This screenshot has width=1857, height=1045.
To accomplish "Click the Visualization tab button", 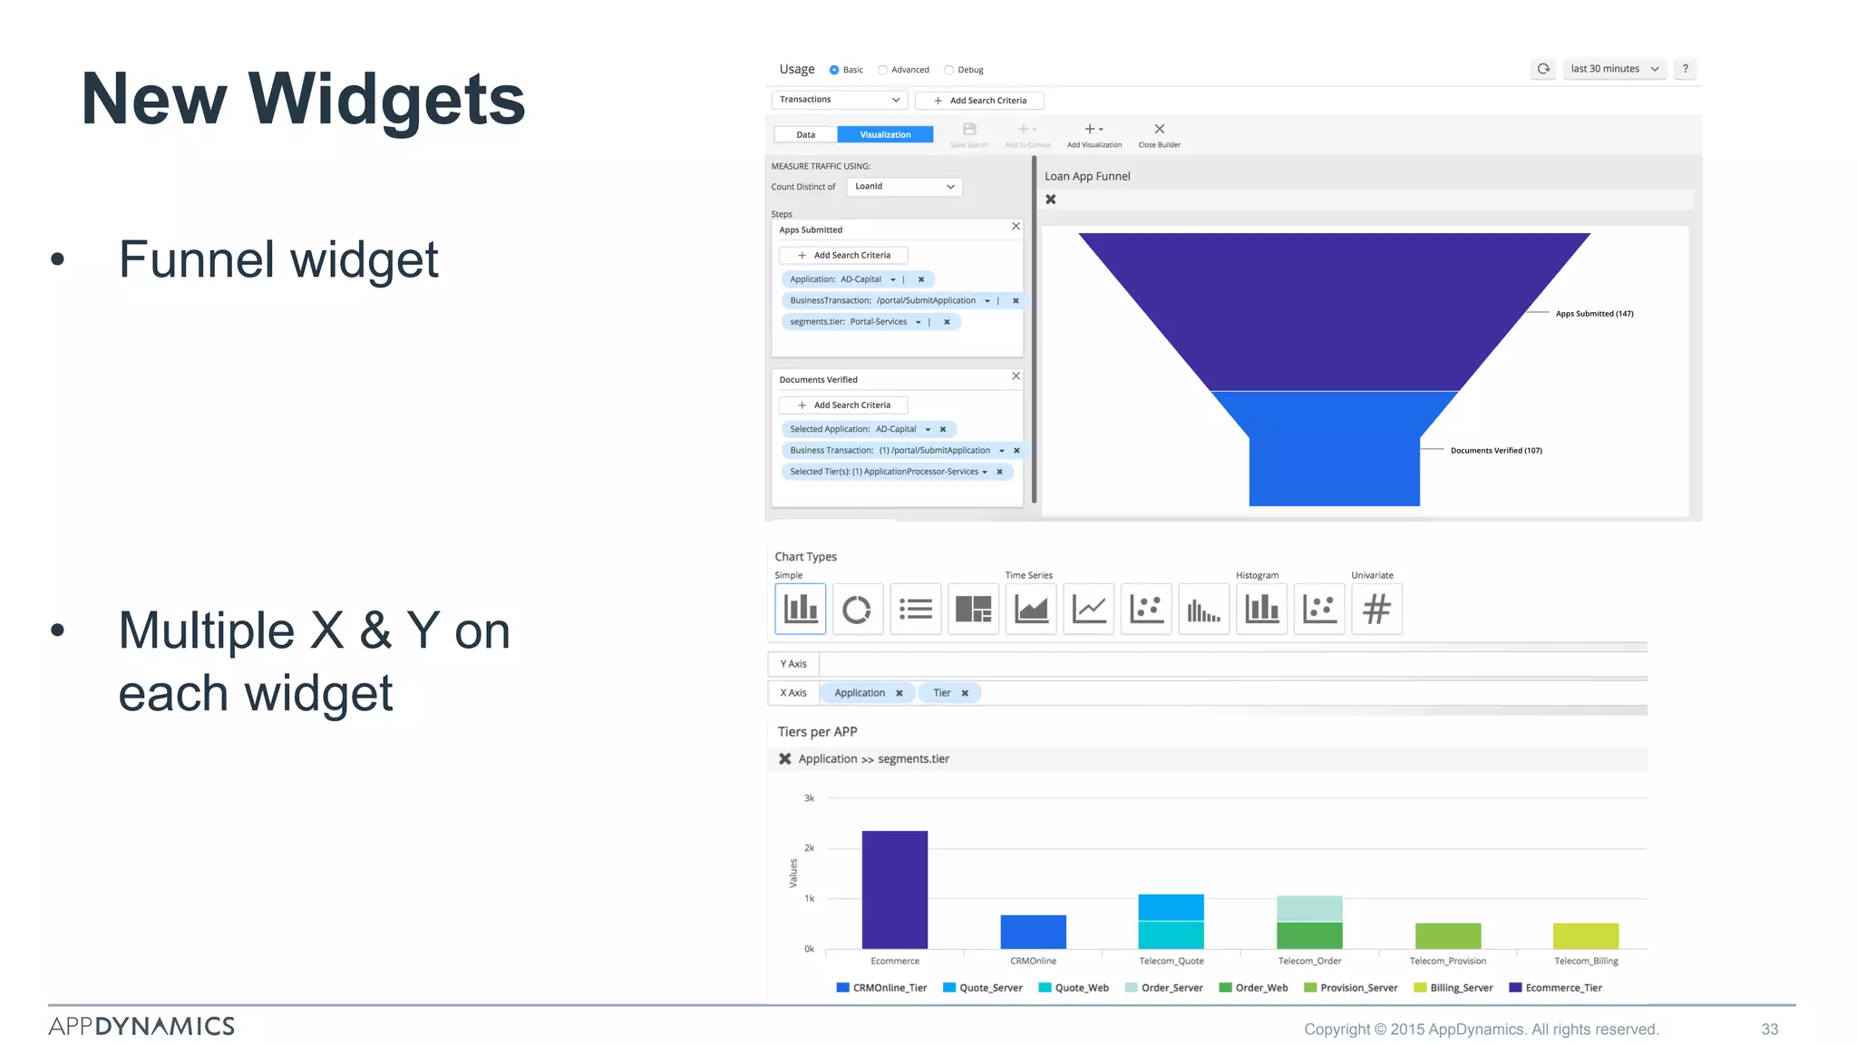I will tap(884, 135).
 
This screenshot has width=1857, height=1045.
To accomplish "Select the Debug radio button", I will tap(949, 70).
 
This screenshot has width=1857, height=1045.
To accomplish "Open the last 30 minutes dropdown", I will tap(1614, 69).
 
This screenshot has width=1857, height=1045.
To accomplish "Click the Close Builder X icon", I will tap(1159, 130).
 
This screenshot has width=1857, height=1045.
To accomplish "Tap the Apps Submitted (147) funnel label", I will tap(1594, 314).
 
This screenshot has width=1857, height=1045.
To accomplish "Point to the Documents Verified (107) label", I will tap(1496, 451).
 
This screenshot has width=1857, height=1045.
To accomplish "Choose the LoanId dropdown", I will tap(904, 187).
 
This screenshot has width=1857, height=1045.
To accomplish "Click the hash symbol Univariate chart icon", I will tap(1376, 609).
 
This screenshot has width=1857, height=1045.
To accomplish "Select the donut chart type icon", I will tap(857, 609).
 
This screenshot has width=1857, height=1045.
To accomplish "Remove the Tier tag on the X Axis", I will tap(965, 693).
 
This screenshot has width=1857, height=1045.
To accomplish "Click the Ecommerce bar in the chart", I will tap(895, 889).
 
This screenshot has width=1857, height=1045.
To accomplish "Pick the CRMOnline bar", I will tap(1033, 932).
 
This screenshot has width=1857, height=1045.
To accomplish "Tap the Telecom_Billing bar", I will tap(1585, 935).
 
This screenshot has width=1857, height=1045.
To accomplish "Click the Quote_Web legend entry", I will tap(1074, 988).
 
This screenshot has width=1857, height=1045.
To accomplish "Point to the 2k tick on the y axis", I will tap(809, 848).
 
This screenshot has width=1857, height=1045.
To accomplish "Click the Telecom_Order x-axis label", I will tap(1309, 961).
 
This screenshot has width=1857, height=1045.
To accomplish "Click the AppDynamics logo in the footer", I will tap(141, 1026).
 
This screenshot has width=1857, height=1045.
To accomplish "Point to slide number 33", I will tap(1769, 1030).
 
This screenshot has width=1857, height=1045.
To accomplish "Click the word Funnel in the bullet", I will tap(196, 260).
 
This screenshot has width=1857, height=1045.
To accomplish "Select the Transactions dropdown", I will tap(839, 100).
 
